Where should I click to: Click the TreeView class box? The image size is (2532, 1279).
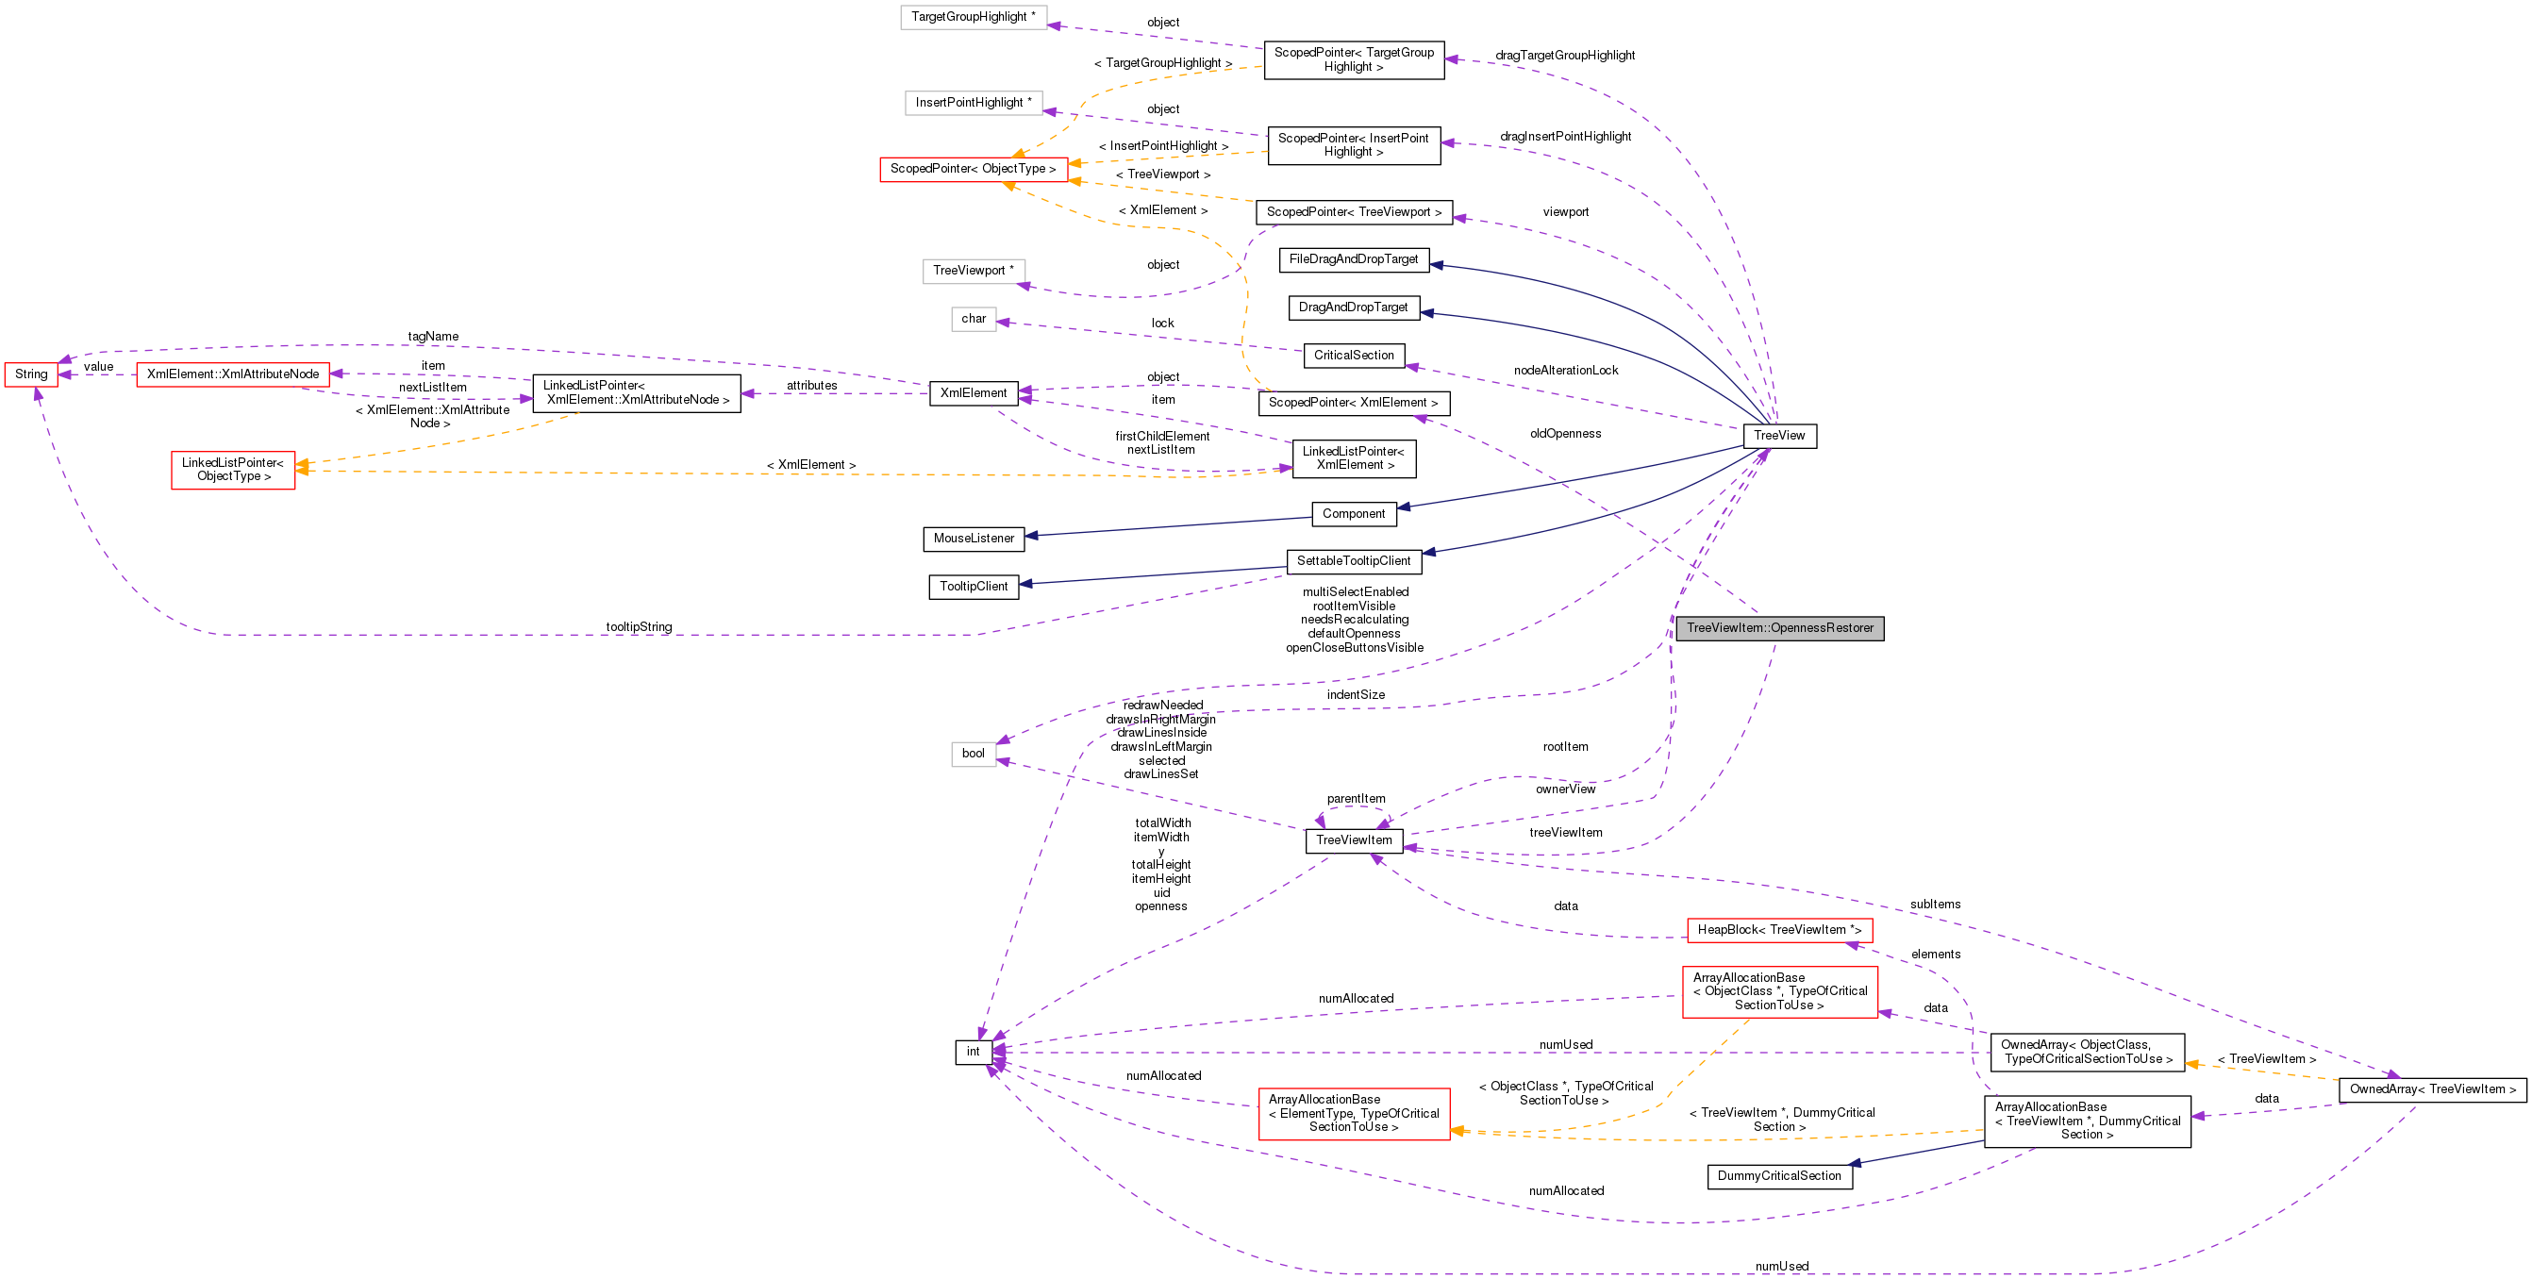coord(1779,436)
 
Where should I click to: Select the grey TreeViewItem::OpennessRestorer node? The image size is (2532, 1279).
coord(1779,628)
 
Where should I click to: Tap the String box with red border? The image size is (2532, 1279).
coord(31,374)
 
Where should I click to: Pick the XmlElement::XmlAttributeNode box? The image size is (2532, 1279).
coord(233,374)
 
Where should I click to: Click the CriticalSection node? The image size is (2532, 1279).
coord(1354,355)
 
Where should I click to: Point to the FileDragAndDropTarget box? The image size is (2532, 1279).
coord(1354,259)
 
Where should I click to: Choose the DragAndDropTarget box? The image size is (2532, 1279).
coord(1353,307)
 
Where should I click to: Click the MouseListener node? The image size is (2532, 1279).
coord(974,539)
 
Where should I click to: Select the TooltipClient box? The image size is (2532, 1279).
coord(974,587)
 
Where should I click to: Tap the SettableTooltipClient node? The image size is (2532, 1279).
coord(1354,561)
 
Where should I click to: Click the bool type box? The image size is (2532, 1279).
coord(974,754)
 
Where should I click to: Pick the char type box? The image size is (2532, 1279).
coord(974,319)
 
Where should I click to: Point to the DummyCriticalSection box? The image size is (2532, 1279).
coord(1779,1176)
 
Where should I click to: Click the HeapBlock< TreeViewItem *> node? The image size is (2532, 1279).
coord(1779,930)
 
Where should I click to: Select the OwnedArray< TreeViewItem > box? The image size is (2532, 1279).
coord(2432,1089)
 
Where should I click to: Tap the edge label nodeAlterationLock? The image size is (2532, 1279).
coord(1566,371)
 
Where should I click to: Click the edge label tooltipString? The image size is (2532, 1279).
coord(639,627)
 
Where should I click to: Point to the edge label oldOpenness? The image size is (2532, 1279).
coord(1565,434)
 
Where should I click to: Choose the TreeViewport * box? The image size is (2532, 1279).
coord(974,271)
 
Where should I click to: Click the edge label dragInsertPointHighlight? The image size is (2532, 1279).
coord(1565,137)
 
